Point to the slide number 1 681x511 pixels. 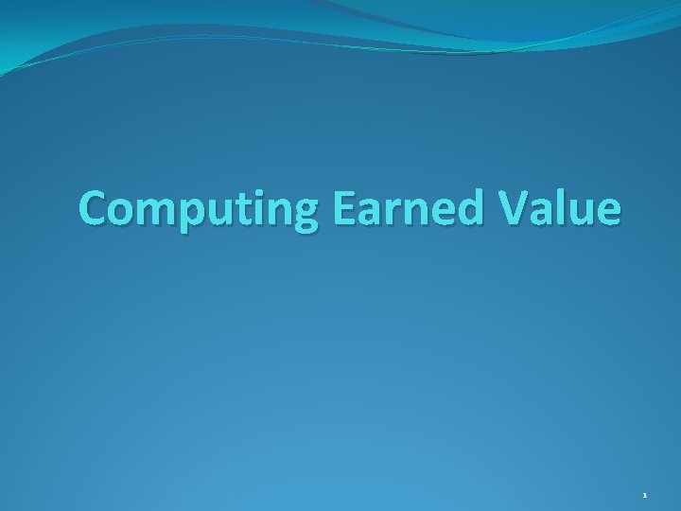pos(645,495)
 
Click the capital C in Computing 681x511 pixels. pos(94,206)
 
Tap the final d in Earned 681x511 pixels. pos(476,206)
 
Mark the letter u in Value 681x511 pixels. pos(580,210)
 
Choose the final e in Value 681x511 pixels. pos(608,210)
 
